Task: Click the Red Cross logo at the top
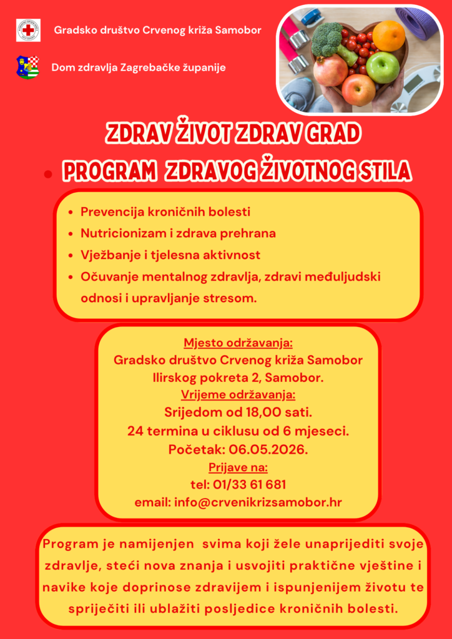tap(28, 30)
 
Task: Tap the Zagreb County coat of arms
tap(27, 67)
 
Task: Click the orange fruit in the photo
tap(388, 36)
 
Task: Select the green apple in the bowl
tap(382, 68)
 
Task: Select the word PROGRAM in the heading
tap(109, 170)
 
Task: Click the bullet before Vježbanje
tap(71, 255)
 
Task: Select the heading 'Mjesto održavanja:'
tap(238, 343)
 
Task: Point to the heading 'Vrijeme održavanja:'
tap(238, 394)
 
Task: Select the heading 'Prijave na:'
tap(238, 467)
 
